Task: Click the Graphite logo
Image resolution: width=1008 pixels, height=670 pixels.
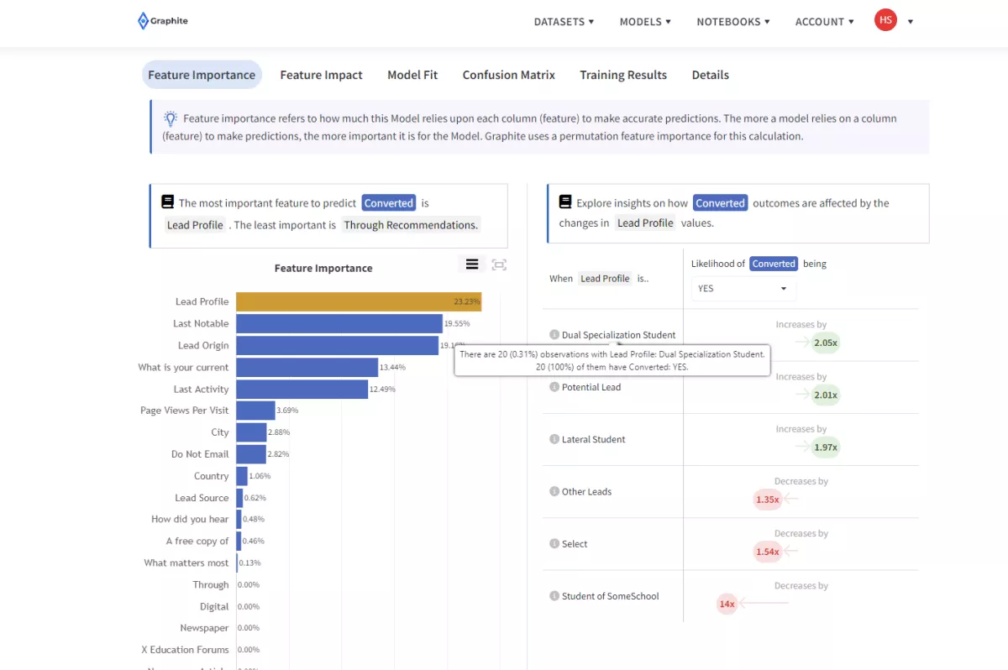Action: (x=163, y=21)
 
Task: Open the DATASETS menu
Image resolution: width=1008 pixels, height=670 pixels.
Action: (x=564, y=22)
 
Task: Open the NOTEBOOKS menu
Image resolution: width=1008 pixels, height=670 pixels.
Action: (x=732, y=22)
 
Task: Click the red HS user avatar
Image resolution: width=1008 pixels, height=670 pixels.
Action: (x=885, y=20)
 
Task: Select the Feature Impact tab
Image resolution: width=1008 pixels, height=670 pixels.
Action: (x=321, y=75)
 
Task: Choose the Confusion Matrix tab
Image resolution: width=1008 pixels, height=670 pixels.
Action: (x=508, y=75)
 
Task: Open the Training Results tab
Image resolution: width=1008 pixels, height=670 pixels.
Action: (x=622, y=75)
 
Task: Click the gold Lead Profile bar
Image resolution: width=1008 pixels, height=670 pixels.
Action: (x=358, y=301)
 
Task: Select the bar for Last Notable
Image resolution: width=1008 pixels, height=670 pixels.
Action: (x=339, y=323)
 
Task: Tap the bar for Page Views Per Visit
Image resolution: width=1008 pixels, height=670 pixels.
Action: (x=255, y=411)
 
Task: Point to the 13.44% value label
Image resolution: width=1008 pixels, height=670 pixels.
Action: (x=393, y=367)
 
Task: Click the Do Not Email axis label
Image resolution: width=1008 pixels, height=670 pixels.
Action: (x=200, y=454)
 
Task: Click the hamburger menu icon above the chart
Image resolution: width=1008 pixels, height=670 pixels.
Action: (x=472, y=264)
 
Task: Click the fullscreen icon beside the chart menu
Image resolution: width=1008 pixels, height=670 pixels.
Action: (x=499, y=264)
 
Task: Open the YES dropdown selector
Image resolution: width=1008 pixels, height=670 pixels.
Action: (x=743, y=288)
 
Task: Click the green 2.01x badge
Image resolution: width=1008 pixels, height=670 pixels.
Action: (x=825, y=395)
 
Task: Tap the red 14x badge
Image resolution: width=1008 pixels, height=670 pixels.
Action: (x=727, y=604)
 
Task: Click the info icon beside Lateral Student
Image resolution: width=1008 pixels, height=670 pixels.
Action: (x=554, y=439)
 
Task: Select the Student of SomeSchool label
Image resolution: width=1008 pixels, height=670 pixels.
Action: (x=610, y=596)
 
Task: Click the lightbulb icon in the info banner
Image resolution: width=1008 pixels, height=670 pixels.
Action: (x=171, y=118)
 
